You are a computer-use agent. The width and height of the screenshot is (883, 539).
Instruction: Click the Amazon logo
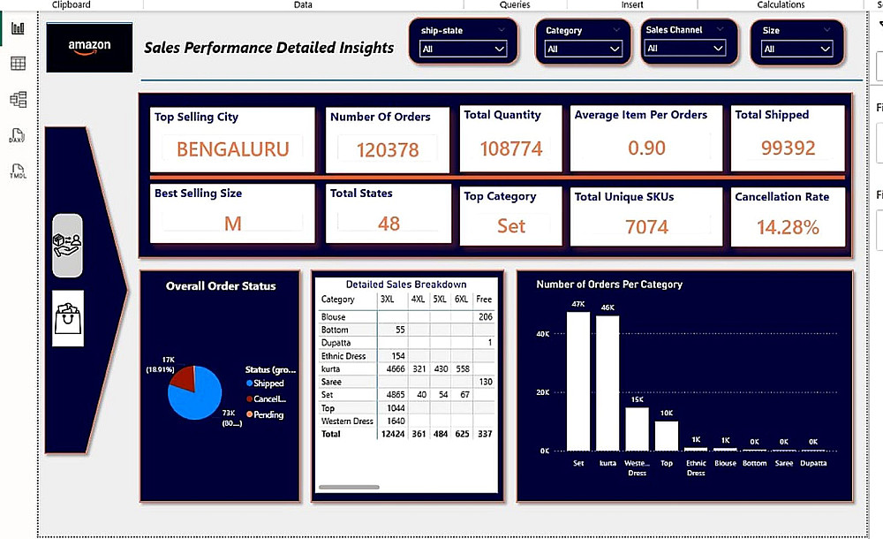pos(89,47)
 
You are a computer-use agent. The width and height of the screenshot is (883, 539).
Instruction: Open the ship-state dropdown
pos(463,49)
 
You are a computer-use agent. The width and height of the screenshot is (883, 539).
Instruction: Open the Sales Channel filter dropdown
pos(689,49)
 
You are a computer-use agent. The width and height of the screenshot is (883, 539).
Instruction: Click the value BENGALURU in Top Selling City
pos(232,149)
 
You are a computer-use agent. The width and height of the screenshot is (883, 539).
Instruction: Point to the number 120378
pos(388,150)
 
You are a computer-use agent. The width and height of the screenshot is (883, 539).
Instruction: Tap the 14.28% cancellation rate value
pos(788,228)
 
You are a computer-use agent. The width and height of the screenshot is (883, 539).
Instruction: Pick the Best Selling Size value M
pos(232,224)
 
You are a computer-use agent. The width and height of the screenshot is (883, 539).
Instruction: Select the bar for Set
pos(578,381)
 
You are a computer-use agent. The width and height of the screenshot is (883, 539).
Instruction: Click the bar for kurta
pos(608,383)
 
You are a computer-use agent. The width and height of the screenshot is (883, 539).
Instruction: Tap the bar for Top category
pos(667,436)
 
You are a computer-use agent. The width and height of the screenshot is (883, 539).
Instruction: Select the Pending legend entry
pos(268,414)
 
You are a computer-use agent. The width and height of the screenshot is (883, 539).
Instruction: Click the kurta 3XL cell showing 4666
pos(391,368)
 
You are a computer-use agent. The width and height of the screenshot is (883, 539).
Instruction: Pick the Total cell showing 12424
pos(391,434)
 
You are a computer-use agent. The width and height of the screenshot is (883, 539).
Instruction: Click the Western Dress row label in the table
pos(347,421)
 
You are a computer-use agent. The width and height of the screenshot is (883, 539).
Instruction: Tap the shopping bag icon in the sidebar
pos(68,318)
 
